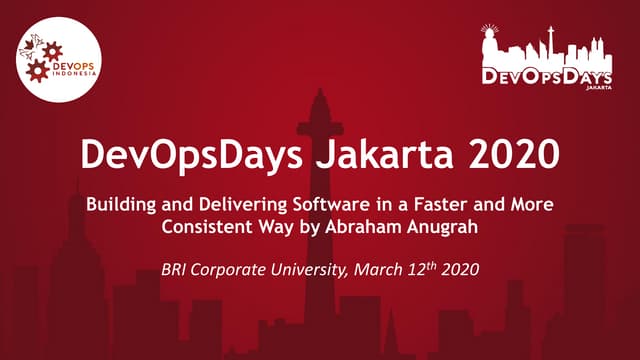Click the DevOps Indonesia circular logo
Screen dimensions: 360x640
click(x=59, y=59)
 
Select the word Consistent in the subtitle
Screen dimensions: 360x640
click(x=205, y=226)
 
